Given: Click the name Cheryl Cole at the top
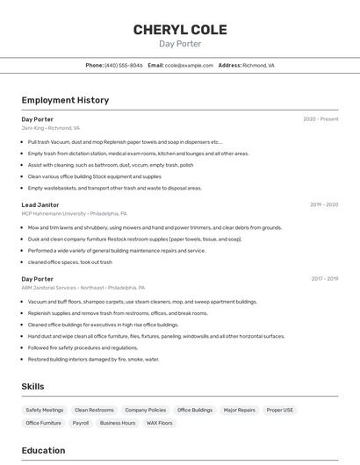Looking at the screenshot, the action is coord(180,30).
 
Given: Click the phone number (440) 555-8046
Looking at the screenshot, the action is coord(124,65).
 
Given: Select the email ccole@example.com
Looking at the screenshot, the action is coord(189,65).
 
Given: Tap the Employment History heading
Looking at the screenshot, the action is coord(65,100).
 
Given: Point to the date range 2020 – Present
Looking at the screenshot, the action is coord(320,119).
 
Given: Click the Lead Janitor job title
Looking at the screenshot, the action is coord(40,204).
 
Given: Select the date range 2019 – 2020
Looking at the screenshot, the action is coord(324,204).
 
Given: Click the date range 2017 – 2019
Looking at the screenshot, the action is coord(324,279).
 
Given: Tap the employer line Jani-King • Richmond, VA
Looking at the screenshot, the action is coord(51,128).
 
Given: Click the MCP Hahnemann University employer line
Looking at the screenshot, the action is coord(74,213).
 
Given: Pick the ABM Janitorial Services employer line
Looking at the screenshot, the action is coord(83,288).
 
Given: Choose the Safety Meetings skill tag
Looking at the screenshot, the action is coord(45,410).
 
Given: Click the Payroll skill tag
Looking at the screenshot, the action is coord(81,423).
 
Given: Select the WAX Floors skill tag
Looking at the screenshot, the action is coord(160,423).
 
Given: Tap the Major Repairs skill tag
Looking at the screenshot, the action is coord(240,410).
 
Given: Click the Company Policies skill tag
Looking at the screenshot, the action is coord(146,410).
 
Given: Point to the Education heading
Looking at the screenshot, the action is coord(43,450).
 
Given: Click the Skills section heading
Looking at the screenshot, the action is coord(32,386).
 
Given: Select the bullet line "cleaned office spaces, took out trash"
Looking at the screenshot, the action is coord(70,262).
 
